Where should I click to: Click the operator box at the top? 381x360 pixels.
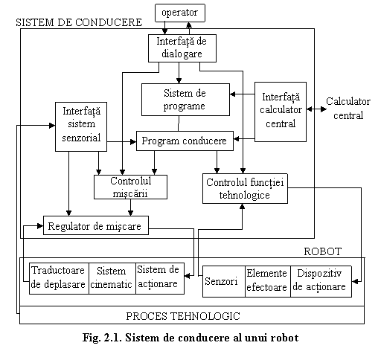(x=180, y=13)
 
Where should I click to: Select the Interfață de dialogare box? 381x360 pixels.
(x=182, y=48)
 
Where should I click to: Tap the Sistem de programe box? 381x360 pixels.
(x=185, y=100)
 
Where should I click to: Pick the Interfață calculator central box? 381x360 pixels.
(x=281, y=112)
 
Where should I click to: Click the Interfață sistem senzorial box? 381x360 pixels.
(x=81, y=126)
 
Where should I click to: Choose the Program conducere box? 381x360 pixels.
(x=185, y=141)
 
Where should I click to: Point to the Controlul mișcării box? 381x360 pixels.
(x=130, y=187)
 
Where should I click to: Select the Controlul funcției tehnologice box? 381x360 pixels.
(x=245, y=188)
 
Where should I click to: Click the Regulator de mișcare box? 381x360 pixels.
(x=96, y=225)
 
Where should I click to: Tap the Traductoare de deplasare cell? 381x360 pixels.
(x=59, y=278)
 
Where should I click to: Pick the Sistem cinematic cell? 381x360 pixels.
(x=112, y=278)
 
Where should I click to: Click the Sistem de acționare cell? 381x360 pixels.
(x=160, y=278)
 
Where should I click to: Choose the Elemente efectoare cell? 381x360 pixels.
(x=268, y=281)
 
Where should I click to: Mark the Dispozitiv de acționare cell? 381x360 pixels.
(x=321, y=281)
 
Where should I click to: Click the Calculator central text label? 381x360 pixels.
(x=348, y=109)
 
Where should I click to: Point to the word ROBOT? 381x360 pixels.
(x=323, y=251)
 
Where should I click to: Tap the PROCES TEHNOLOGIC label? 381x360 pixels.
(x=183, y=316)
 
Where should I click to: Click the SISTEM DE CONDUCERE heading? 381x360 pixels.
(x=79, y=22)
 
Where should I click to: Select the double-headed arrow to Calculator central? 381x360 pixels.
(x=316, y=109)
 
